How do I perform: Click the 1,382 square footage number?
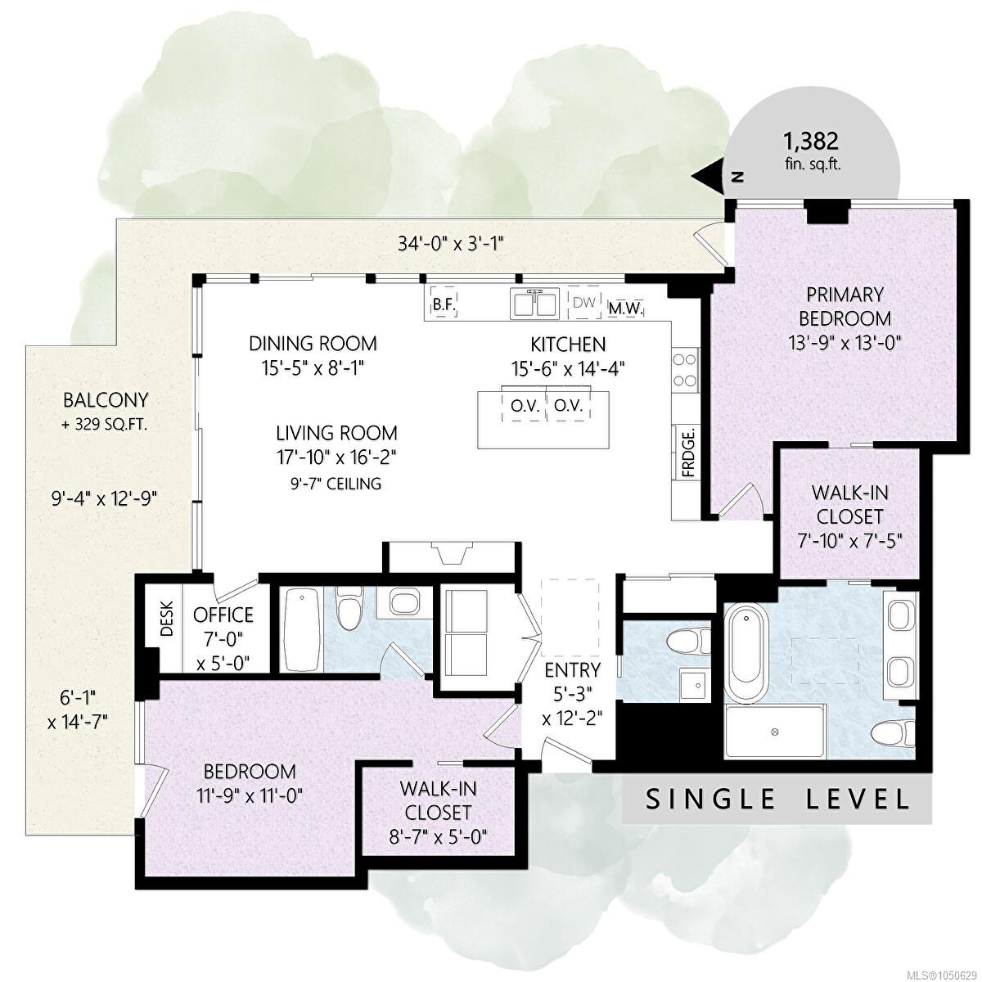click(x=810, y=142)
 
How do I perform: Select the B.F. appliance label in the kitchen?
click(x=444, y=305)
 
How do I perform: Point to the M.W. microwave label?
click(x=627, y=309)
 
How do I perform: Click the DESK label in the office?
click(x=167, y=619)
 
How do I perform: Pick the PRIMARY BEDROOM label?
click(x=845, y=306)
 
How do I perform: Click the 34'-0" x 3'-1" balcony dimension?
click(x=450, y=243)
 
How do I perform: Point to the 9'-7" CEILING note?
click(x=336, y=483)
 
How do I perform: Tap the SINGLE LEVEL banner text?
click(x=777, y=799)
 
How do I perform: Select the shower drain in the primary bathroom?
click(x=775, y=732)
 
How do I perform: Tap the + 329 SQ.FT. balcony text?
click(x=105, y=425)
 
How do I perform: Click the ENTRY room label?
click(x=572, y=670)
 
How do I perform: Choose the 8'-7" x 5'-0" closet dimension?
click(x=439, y=837)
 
